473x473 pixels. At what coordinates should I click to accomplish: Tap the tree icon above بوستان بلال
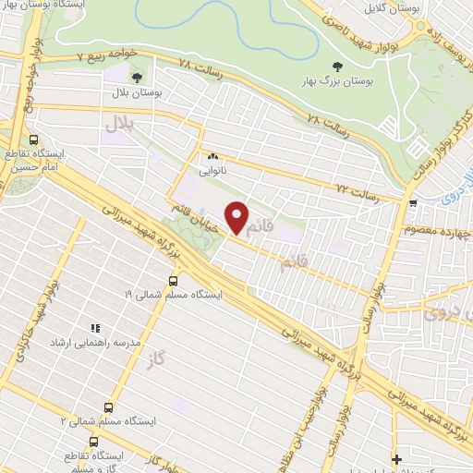137,77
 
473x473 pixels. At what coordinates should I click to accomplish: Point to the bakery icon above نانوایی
212,156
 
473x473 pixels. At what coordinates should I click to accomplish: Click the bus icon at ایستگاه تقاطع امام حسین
33,139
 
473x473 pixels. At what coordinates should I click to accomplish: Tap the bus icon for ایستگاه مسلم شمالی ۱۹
175,280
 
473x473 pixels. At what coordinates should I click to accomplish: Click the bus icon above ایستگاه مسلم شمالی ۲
108,407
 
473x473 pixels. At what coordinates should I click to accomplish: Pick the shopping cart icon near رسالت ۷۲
414,202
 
